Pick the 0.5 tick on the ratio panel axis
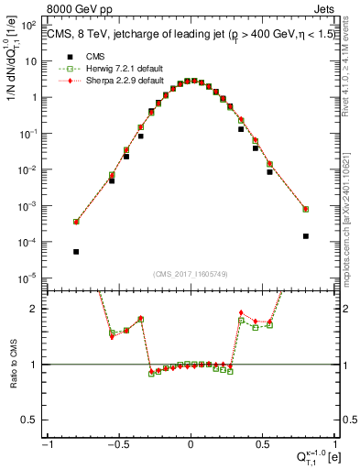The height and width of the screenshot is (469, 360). (30, 420)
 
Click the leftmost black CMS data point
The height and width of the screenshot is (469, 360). (76, 252)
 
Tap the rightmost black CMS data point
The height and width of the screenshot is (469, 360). (305, 236)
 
